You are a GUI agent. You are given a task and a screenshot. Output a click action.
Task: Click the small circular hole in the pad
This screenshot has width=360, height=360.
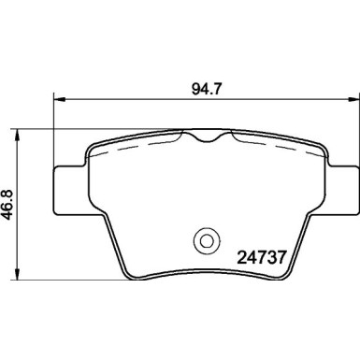tap(204, 240)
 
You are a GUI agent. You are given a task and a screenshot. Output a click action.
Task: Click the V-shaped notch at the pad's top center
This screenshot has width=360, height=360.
tap(207, 140)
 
